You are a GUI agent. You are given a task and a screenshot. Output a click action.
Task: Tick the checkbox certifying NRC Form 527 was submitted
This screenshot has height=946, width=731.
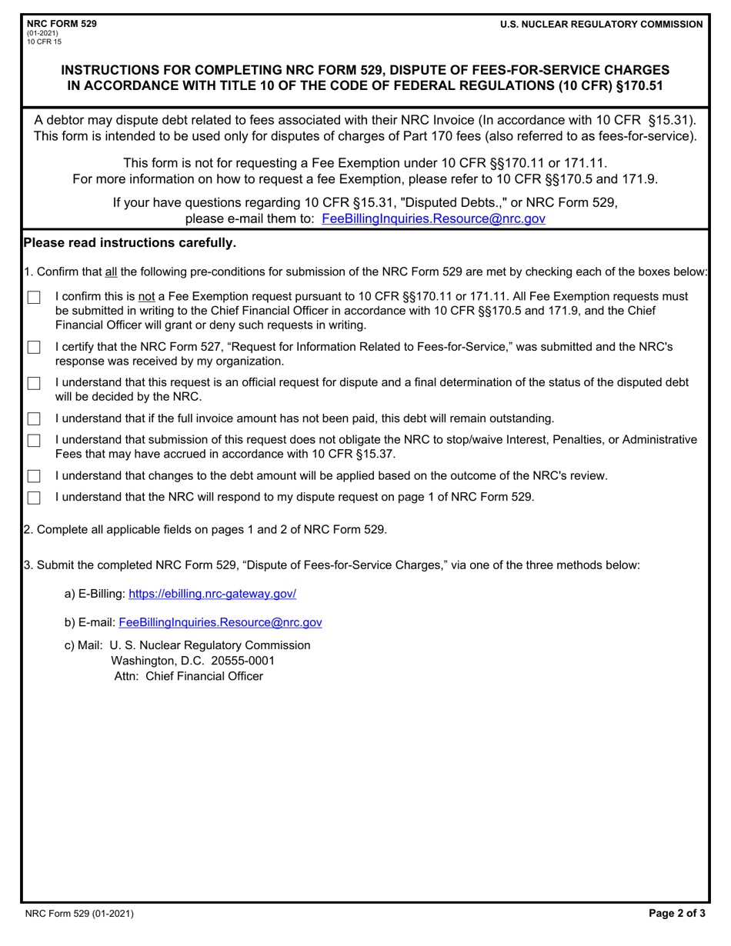pos(34,348)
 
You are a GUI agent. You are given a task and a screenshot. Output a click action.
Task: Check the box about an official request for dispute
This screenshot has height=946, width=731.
pos(34,383)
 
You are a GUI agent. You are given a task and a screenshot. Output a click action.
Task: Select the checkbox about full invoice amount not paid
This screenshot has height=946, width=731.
pos(34,419)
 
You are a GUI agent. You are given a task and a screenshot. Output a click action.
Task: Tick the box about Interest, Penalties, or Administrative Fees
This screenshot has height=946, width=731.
pos(34,441)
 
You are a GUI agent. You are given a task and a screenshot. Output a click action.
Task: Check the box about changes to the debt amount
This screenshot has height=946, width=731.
pos(34,477)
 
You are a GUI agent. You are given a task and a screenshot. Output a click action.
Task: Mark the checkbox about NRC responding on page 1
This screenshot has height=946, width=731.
pos(34,498)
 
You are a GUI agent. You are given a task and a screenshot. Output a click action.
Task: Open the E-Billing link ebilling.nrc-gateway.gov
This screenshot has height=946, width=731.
pos(212,594)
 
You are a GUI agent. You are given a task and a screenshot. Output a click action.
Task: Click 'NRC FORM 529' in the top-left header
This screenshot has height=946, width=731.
pos(62,24)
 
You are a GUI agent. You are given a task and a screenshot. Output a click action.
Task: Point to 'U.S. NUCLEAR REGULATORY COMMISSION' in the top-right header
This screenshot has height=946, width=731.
pos(601,25)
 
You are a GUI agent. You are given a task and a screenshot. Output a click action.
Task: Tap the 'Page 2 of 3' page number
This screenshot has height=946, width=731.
pos(676,914)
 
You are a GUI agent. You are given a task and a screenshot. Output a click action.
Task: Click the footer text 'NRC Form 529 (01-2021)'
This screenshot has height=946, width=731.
pos(80,914)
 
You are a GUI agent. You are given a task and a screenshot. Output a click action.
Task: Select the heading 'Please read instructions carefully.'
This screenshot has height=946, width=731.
pos(130,243)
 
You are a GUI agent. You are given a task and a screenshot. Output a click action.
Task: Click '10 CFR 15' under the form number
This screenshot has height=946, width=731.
pos(44,41)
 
